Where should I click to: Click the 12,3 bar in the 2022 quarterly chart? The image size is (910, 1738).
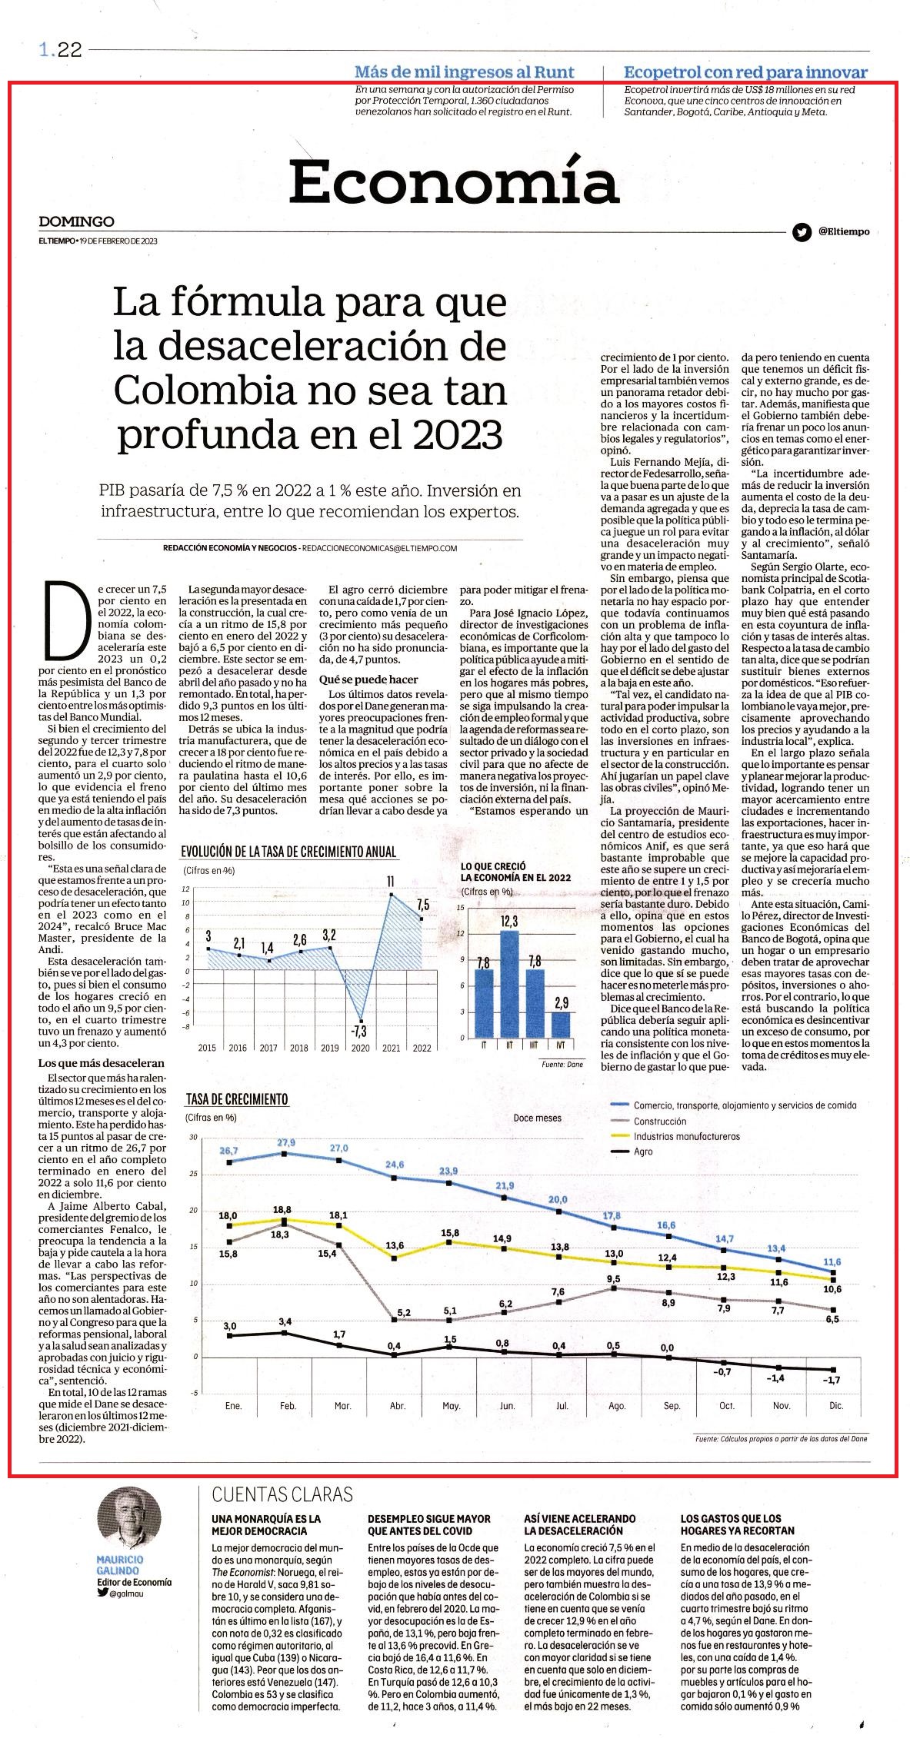(509, 984)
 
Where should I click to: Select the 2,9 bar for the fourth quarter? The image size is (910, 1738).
(562, 1025)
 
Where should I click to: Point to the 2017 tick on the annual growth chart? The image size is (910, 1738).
(268, 1048)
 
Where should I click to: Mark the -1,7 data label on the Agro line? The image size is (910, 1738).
(832, 1381)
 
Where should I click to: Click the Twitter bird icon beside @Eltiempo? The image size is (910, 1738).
(801, 231)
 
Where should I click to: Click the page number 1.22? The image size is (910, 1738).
(60, 50)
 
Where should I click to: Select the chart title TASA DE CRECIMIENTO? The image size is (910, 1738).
(237, 1099)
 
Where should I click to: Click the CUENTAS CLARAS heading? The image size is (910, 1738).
(282, 1494)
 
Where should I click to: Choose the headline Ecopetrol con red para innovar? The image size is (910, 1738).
(746, 72)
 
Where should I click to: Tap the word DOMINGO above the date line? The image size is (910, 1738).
(77, 221)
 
